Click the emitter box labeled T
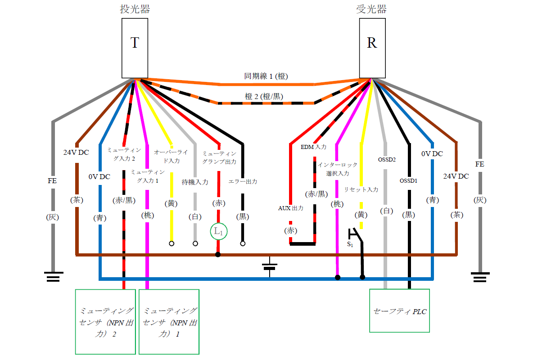click(x=135, y=48)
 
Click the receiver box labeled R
click(x=372, y=48)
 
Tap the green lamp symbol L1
click(x=218, y=232)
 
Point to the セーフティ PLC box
click(x=399, y=310)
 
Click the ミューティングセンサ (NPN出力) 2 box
click(x=105, y=321)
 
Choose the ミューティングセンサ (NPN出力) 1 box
click(x=169, y=321)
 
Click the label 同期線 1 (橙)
click(x=266, y=76)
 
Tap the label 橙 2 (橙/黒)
click(x=264, y=95)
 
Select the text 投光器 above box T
click(x=135, y=9)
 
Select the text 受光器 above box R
click(x=372, y=9)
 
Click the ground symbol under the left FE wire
click(x=53, y=276)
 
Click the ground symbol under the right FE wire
click(x=479, y=276)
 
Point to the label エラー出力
click(x=243, y=181)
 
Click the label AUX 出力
click(x=290, y=208)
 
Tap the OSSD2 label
click(x=387, y=159)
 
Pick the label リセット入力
click(x=361, y=189)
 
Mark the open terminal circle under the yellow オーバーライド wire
click(x=172, y=243)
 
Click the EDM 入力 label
click(x=314, y=147)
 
